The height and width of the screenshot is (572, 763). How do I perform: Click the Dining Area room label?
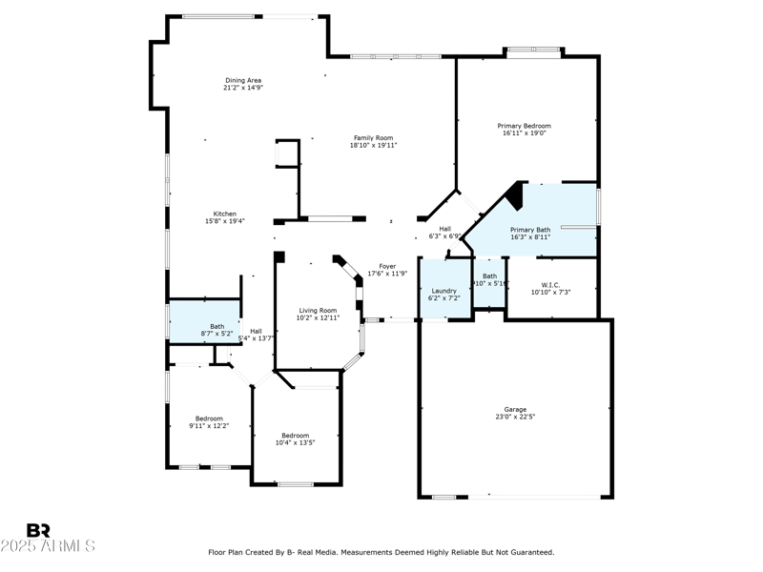coord(243,80)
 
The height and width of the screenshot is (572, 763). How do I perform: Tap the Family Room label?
coord(373,138)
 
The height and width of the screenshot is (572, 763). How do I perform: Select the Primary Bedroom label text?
coord(524,126)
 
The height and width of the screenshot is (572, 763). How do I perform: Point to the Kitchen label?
coord(225,214)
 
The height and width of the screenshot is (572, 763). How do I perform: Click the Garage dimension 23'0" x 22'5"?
coord(515,417)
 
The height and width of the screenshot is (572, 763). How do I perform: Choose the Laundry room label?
coord(444,291)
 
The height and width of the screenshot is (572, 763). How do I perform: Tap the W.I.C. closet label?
coord(550,284)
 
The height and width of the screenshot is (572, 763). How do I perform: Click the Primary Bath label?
coord(530,230)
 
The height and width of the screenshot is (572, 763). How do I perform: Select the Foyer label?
coord(387,267)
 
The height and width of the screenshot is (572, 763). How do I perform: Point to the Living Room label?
coord(318,310)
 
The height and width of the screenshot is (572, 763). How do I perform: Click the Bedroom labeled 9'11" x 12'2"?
coord(209,419)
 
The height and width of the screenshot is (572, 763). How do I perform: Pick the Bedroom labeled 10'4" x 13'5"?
coord(295,436)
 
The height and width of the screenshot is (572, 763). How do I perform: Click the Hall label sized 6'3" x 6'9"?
coord(444,229)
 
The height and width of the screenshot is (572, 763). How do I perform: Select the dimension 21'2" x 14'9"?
coord(243,88)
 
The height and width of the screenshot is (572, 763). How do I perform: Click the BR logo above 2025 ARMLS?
coord(38,530)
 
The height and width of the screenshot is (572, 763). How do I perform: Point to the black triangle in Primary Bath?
coord(515,195)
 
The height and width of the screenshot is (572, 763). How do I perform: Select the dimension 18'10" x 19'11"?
coord(373,145)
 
